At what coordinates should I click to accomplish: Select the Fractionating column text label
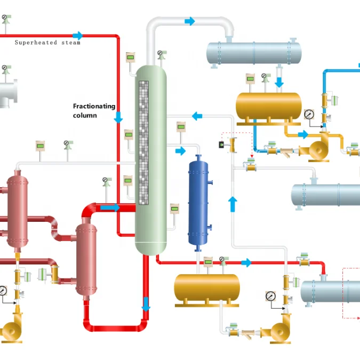pos(94,110)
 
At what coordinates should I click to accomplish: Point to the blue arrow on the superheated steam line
pos(78,36)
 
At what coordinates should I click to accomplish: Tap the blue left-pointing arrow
pos(197,116)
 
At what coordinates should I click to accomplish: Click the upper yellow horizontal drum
pos(268,106)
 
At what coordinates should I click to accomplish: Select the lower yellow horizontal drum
pos(206,287)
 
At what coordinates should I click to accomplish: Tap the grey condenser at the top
pos(254,52)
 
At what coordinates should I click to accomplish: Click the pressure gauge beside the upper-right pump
pos(309,115)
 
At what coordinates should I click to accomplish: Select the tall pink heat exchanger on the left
pos(18,211)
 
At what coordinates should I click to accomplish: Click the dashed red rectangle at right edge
pos(351,293)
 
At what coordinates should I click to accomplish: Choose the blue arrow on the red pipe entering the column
pos(110,207)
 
